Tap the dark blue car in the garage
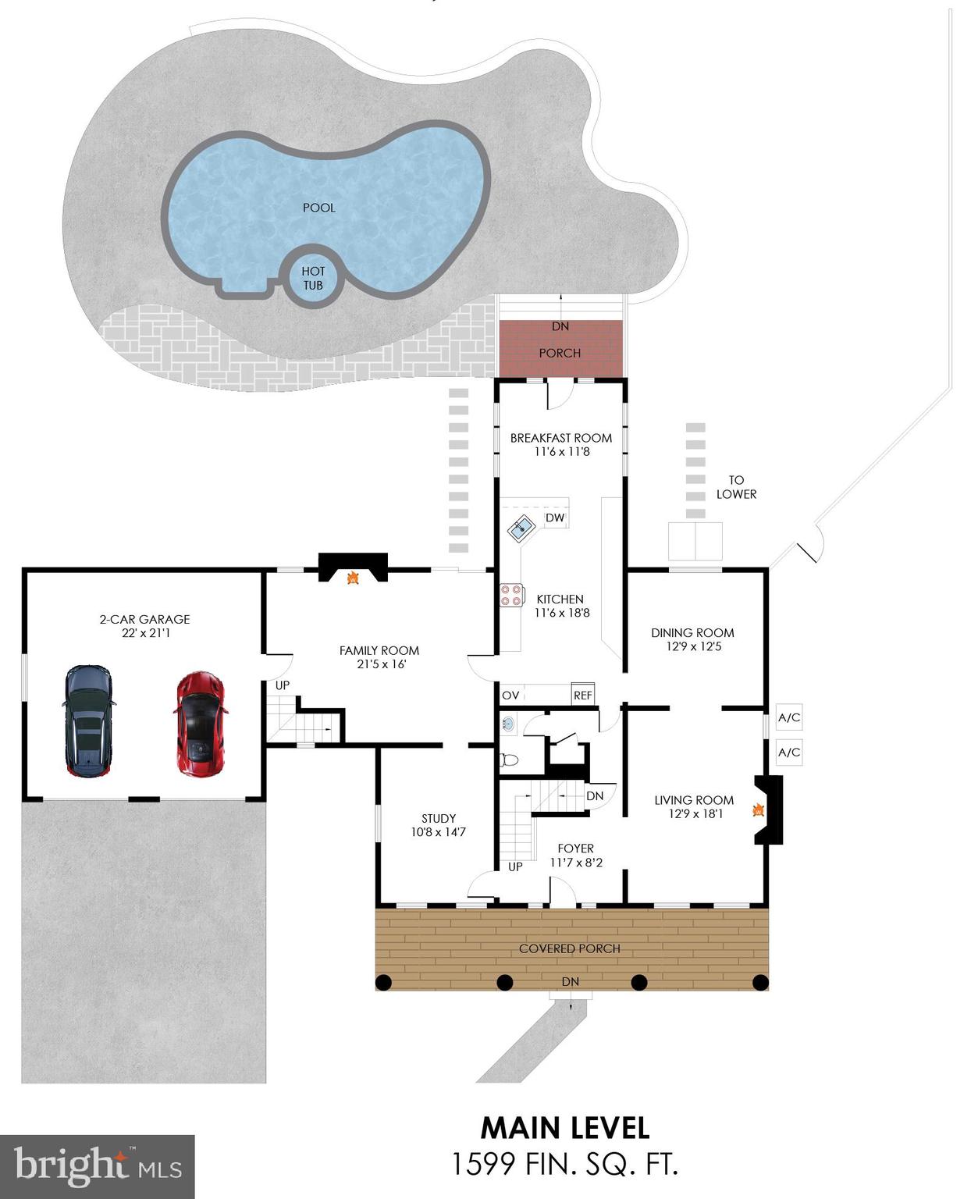click(x=88, y=720)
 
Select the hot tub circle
click(x=313, y=278)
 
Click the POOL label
click(x=319, y=208)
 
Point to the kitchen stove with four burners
click(x=511, y=596)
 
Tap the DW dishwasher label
click(x=555, y=518)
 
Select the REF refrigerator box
click(x=583, y=695)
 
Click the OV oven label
click(x=510, y=695)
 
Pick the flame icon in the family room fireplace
click(x=353, y=578)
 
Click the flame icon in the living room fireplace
click(x=756, y=810)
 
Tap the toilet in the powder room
click(x=509, y=759)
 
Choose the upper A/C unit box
click(x=789, y=717)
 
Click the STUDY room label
click(x=439, y=818)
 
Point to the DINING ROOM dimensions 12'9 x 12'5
click(x=693, y=646)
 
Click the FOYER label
click(x=576, y=849)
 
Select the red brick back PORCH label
click(x=560, y=353)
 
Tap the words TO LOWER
click(x=736, y=487)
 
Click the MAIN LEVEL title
click(x=564, y=1128)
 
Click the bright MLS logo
click(x=97, y=1166)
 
